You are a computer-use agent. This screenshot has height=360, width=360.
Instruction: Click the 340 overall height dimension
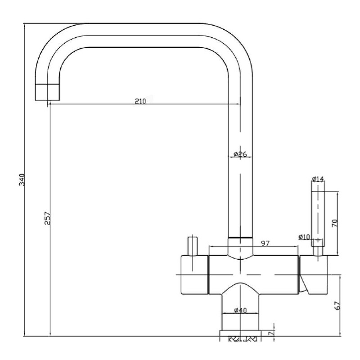22,180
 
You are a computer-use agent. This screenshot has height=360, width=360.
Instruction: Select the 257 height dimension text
47,218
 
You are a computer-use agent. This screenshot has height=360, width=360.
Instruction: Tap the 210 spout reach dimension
140,101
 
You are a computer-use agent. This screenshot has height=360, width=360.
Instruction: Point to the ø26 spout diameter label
240,154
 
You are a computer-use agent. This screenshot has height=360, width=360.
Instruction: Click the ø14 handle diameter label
318,179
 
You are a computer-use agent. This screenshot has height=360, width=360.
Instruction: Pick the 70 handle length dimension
335,223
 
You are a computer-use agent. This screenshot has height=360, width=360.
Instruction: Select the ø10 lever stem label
305,237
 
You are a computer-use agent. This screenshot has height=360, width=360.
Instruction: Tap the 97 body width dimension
265,243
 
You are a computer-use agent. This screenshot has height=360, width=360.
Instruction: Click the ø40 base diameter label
240,310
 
